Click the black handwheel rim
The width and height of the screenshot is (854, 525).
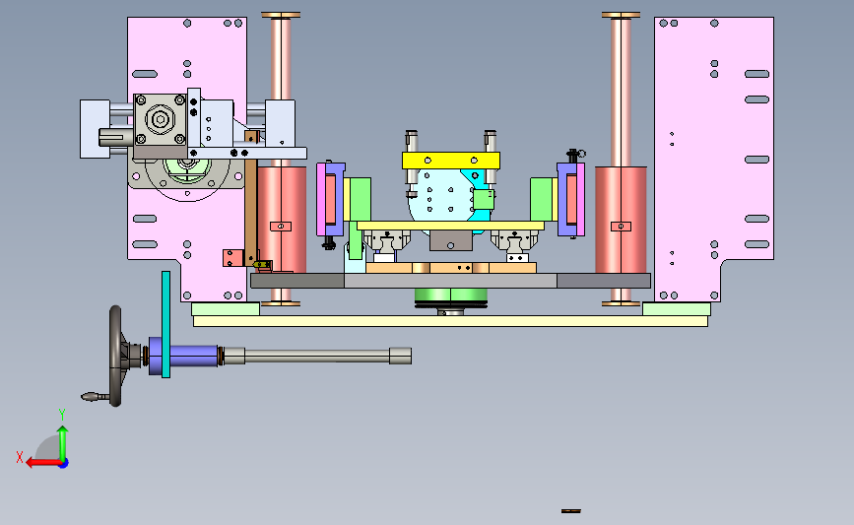click(x=115, y=356)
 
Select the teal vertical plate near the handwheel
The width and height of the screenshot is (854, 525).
click(x=165, y=324)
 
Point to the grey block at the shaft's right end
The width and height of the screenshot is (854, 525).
click(x=400, y=356)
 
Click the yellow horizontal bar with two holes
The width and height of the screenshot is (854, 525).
click(x=451, y=161)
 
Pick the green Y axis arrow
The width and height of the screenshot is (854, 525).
click(x=63, y=443)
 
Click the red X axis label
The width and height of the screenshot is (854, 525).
click(x=20, y=457)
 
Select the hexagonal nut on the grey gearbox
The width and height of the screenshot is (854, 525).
click(x=161, y=119)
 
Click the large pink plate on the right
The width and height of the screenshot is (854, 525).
click(x=713, y=158)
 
